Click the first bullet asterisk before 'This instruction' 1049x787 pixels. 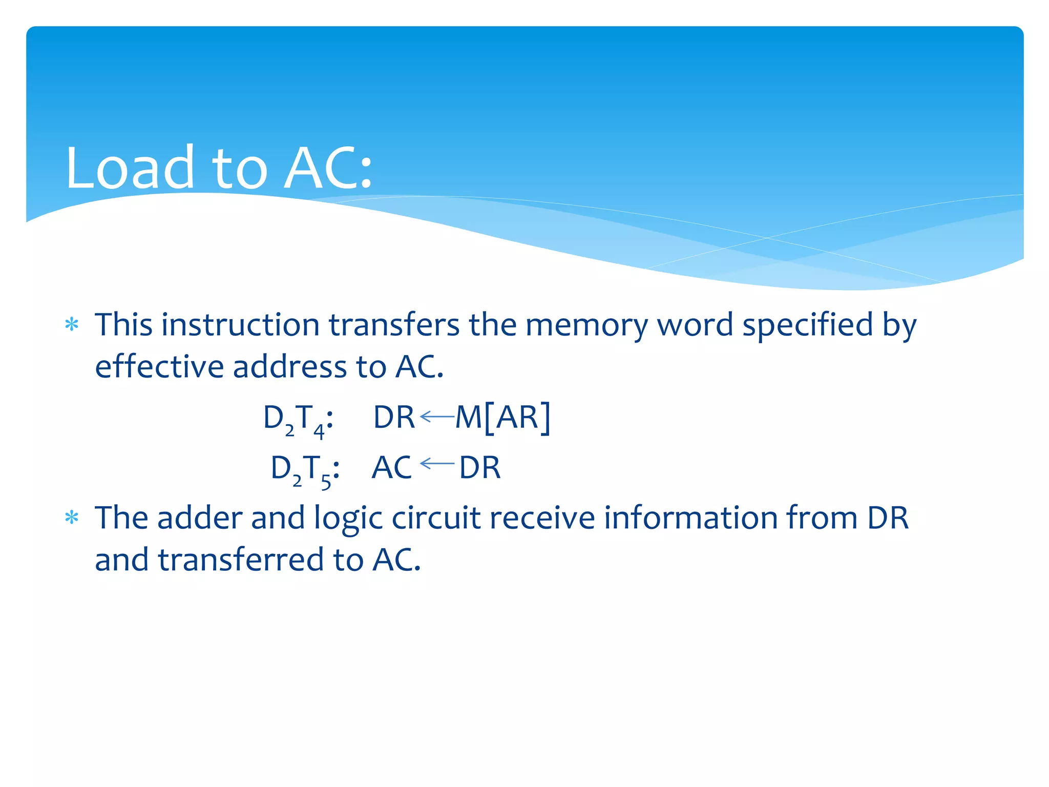(x=72, y=325)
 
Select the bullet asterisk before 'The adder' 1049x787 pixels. (x=72, y=518)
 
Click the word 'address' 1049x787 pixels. (x=289, y=367)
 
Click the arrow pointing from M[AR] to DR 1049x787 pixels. (x=437, y=417)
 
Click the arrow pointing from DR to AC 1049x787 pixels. (x=437, y=464)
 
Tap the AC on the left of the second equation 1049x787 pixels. (x=391, y=467)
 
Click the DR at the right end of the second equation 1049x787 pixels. (x=479, y=467)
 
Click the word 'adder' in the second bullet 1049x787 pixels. (x=199, y=517)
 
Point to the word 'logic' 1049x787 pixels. (x=348, y=519)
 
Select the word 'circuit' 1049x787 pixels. (x=436, y=517)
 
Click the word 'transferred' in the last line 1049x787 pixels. (x=241, y=560)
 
